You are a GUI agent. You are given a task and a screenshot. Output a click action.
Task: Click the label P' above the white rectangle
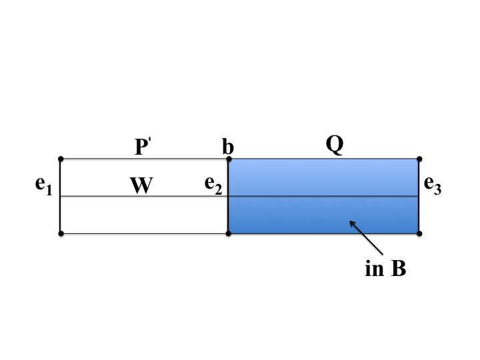143,147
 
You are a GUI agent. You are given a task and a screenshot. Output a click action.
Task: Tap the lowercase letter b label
228,146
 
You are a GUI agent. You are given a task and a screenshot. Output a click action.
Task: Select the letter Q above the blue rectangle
334,144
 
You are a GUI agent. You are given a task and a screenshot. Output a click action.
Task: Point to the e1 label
43,187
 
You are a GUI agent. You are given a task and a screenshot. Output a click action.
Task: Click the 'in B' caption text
385,270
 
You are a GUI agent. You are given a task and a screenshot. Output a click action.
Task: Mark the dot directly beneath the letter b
229,159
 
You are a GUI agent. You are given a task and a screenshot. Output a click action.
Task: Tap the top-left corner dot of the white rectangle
61,159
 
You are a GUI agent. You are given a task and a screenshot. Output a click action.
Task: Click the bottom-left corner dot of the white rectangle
61,233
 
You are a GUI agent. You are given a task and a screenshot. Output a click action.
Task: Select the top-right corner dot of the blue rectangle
419,159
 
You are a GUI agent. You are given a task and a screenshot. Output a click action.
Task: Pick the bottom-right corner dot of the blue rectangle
419,233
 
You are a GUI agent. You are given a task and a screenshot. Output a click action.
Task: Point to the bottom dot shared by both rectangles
229,233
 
